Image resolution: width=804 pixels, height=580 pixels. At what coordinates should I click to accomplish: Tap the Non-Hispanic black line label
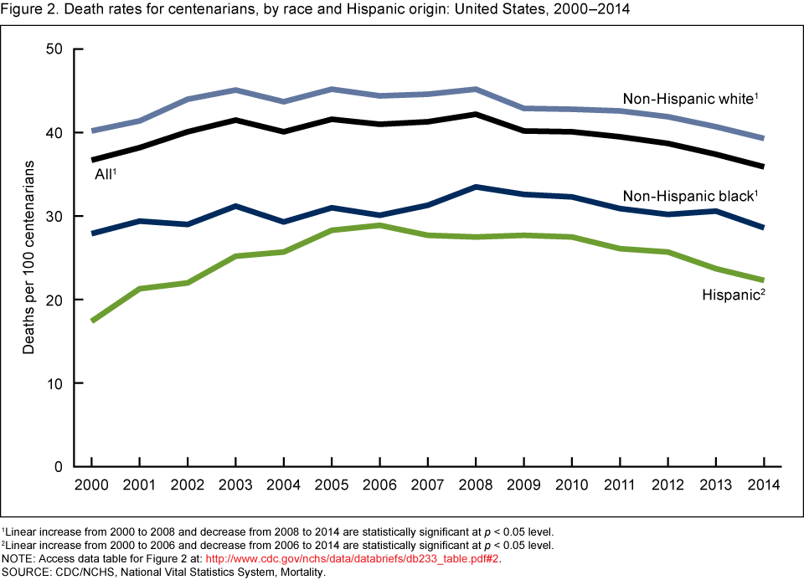tap(689, 197)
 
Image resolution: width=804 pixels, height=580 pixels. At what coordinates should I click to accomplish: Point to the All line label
tap(105, 174)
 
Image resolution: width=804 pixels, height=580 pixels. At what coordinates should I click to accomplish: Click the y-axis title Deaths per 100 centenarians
tap(29, 257)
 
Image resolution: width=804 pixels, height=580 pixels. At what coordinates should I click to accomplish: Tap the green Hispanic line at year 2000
tap(91, 321)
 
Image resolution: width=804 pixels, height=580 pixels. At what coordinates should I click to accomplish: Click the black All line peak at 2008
tap(476, 114)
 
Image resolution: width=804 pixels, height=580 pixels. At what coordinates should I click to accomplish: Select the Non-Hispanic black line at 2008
tap(476, 187)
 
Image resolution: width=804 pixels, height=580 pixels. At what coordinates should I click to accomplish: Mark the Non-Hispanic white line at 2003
tap(235, 90)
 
